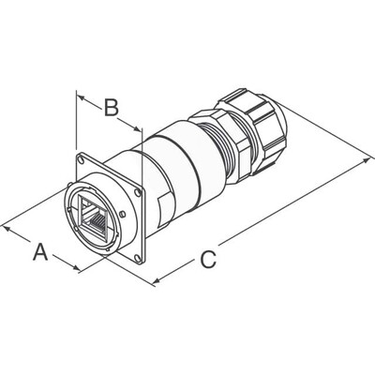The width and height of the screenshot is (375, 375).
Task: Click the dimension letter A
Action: tap(39, 251)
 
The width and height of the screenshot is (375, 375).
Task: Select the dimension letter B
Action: tap(110, 109)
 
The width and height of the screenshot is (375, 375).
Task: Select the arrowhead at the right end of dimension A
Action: tap(77, 269)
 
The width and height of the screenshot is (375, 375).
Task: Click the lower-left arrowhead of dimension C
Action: tap(156, 278)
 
